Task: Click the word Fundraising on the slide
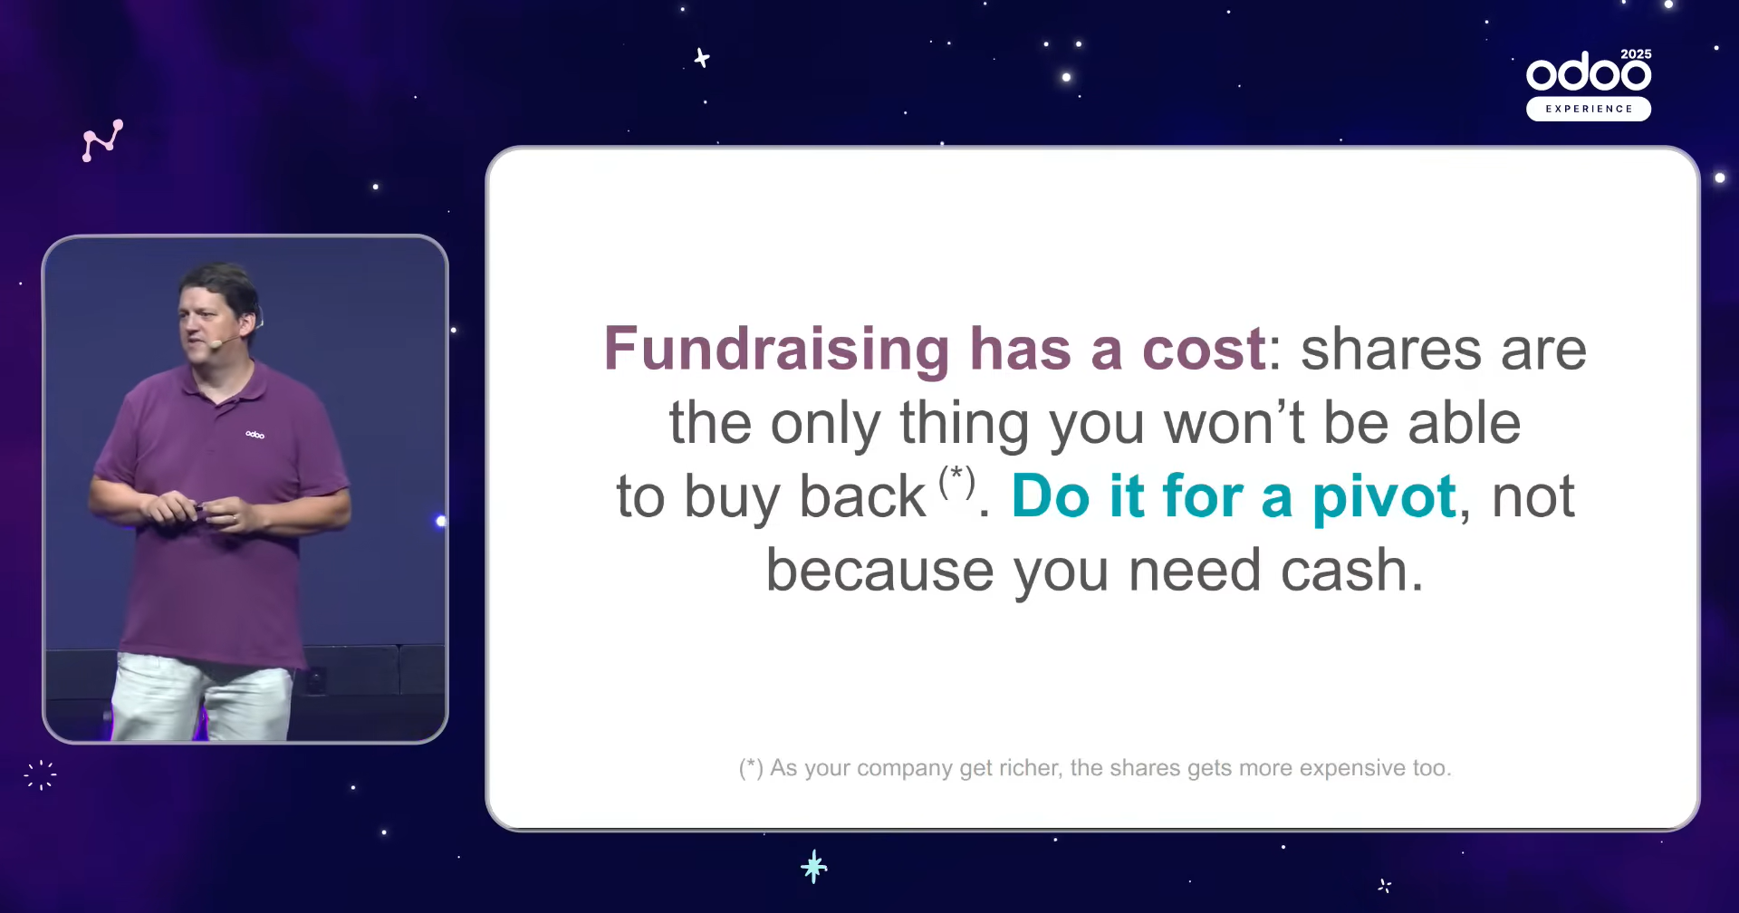(x=777, y=351)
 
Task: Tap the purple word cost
(x=1204, y=350)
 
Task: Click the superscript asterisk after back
(x=956, y=481)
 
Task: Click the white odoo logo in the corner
(x=1589, y=72)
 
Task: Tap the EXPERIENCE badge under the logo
(x=1589, y=109)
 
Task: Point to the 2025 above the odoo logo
(x=1636, y=54)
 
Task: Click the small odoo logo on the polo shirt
(x=255, y=435)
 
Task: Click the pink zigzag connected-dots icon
(x=102, y=140)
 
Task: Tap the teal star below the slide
(x=814, y=867)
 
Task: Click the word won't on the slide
(x=1235, y=423)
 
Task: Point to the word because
(x=880, y=571)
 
